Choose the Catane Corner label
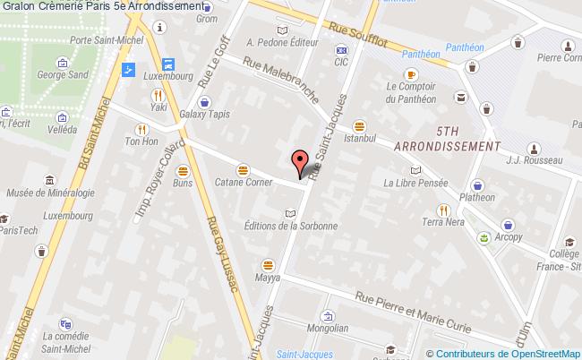pyautogui.click(x=242, y=182)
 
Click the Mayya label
pyautogui.click(x=267, y=277)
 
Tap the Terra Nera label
pyautogui.click(x=440, y=221)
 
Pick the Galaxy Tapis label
pyautogui.click(x=205, y=115)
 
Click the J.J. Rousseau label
pyautogui.click(x=533, y=160)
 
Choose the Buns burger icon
pyautogui.click(x=183, y=169)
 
